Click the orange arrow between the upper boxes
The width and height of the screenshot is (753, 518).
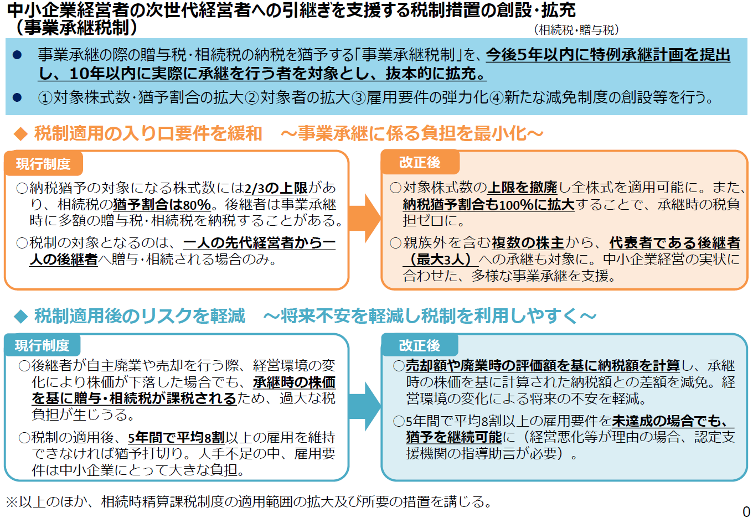[x=365, y=219]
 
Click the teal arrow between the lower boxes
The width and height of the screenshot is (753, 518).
[x=365, y=406]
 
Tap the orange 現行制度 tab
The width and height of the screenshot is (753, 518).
[x=43, y=164]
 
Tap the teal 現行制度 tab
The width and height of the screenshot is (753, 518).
[x=42, y=345]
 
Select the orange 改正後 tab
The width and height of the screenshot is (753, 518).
[x=420, y=162]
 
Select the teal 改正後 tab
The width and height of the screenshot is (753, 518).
[x=420, y=345]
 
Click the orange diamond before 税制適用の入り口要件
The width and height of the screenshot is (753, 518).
[x=21, y=134]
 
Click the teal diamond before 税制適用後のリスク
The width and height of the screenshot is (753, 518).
[x=21, y=317]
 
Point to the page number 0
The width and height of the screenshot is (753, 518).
[x=746, y=511]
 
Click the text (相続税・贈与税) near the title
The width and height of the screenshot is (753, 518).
[x=576, y=30]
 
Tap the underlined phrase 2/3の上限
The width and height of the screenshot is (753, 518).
[x=276, y=188]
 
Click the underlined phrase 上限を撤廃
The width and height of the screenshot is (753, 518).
[x=522, y=188]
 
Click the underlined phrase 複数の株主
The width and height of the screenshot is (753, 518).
[x=528, y=242]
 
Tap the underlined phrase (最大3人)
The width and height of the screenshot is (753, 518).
[x=441, y=260]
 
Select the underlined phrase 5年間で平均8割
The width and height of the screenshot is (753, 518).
[x=177, y=437]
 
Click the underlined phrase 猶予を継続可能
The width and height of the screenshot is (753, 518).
[x=454, y=437]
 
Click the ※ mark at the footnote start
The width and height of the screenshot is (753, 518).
[x=12, y=502]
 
